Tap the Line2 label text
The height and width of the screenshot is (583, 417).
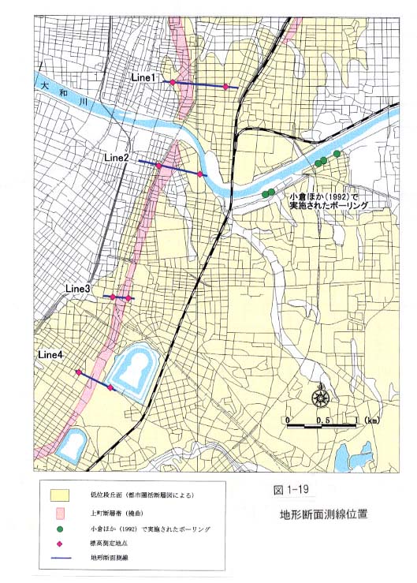pyautogui.click(x=116, y=158)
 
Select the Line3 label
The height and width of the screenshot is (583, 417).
pyautogui.click(x=79, y=290)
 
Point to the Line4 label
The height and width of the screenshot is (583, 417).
pyautogui.click(x=50, y=356)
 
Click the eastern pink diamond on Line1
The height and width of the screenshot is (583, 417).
pyautogui.click(x=226, y=87)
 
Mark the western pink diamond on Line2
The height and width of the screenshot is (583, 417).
pyautogui.click(x=159, y=166)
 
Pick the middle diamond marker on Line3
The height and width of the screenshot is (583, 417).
pyautogui.click(x=121, y=297)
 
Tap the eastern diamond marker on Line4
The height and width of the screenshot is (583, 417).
pyautogui.click(x=110, y=388)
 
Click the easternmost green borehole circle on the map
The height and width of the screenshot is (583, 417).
pyautogui.click(x=337, y=153)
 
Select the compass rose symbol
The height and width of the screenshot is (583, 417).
pyautogui.click(x=321, y=397)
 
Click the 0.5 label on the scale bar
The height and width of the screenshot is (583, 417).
pyautogui.click(x=322, y=420)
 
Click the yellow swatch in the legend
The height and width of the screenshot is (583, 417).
pyautogui.click(x=61, y=495)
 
